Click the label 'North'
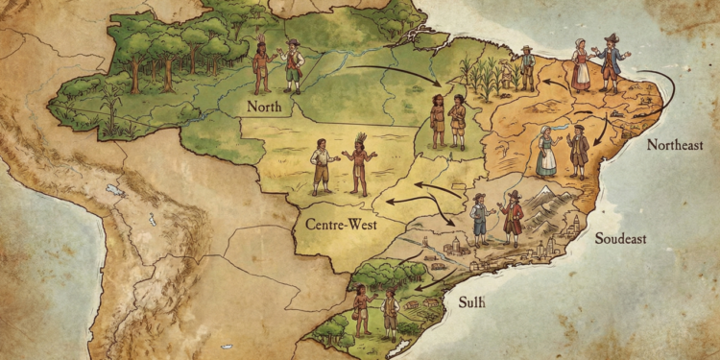(x=264, y=106)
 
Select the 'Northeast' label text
(x=674, y=145)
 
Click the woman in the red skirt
(x=582, y=65)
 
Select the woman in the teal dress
(x=546, y=152)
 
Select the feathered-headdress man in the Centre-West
(x=359, y=164)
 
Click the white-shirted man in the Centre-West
(x=320, y=165)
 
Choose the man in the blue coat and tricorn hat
(x=611, y=62)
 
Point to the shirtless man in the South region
(x=362, y=308)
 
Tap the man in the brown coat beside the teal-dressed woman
(x=578, y=152)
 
